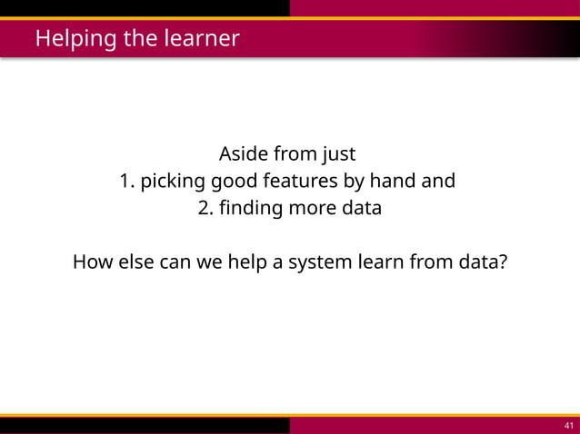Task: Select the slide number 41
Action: (x=569, y=426)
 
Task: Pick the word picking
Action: (x=173, y=182)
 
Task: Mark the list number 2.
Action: (x=205, y=208)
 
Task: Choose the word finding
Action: (x=250, y=208)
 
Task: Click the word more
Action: (x=312, y=208)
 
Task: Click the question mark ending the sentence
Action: (x=503, y=263)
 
